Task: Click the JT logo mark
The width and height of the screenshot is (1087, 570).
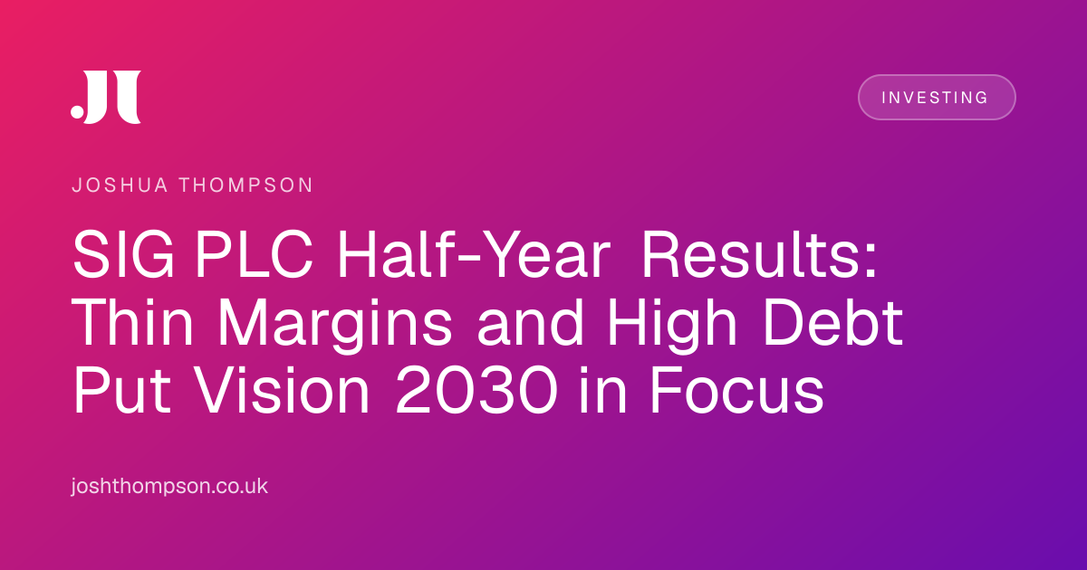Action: (106, 97)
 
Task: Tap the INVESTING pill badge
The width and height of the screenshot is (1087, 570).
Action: (937, 98)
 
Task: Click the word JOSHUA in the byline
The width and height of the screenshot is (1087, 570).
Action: (120, 185)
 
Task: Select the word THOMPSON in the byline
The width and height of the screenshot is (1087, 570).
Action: (246, 185)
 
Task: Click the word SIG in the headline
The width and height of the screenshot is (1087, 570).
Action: (123, 255)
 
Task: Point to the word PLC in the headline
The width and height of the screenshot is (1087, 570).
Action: (254, 255)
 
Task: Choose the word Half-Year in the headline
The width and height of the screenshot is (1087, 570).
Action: (473, 255)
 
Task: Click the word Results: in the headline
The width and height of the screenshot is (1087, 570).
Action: (759, 255)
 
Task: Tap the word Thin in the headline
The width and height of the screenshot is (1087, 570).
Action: (132, 322)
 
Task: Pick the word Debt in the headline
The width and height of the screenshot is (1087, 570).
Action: (832, 322)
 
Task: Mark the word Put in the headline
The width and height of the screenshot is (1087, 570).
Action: (121, 390)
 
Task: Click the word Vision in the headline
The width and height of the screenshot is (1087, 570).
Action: (283, 390)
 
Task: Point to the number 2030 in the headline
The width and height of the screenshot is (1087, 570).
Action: (476, 390)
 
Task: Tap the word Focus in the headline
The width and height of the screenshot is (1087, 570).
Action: (736, 390)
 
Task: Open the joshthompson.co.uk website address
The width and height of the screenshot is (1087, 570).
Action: (169, 486)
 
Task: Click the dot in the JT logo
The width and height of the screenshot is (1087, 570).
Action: (78, 111)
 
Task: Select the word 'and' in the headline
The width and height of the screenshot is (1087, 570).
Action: (530, 322)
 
